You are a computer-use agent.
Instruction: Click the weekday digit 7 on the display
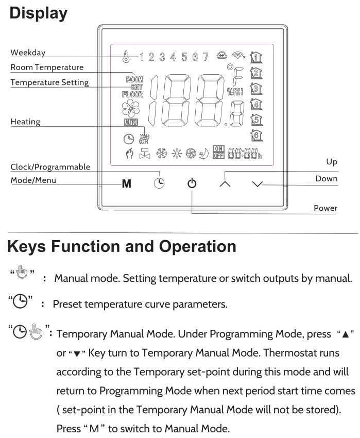tap(205, 56)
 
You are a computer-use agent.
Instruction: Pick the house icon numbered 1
tap(254, 57)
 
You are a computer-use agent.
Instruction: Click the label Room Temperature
tap(47, 67)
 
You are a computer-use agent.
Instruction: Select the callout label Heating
tap(25, 122)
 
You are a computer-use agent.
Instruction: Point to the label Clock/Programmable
tap(50, 167)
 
